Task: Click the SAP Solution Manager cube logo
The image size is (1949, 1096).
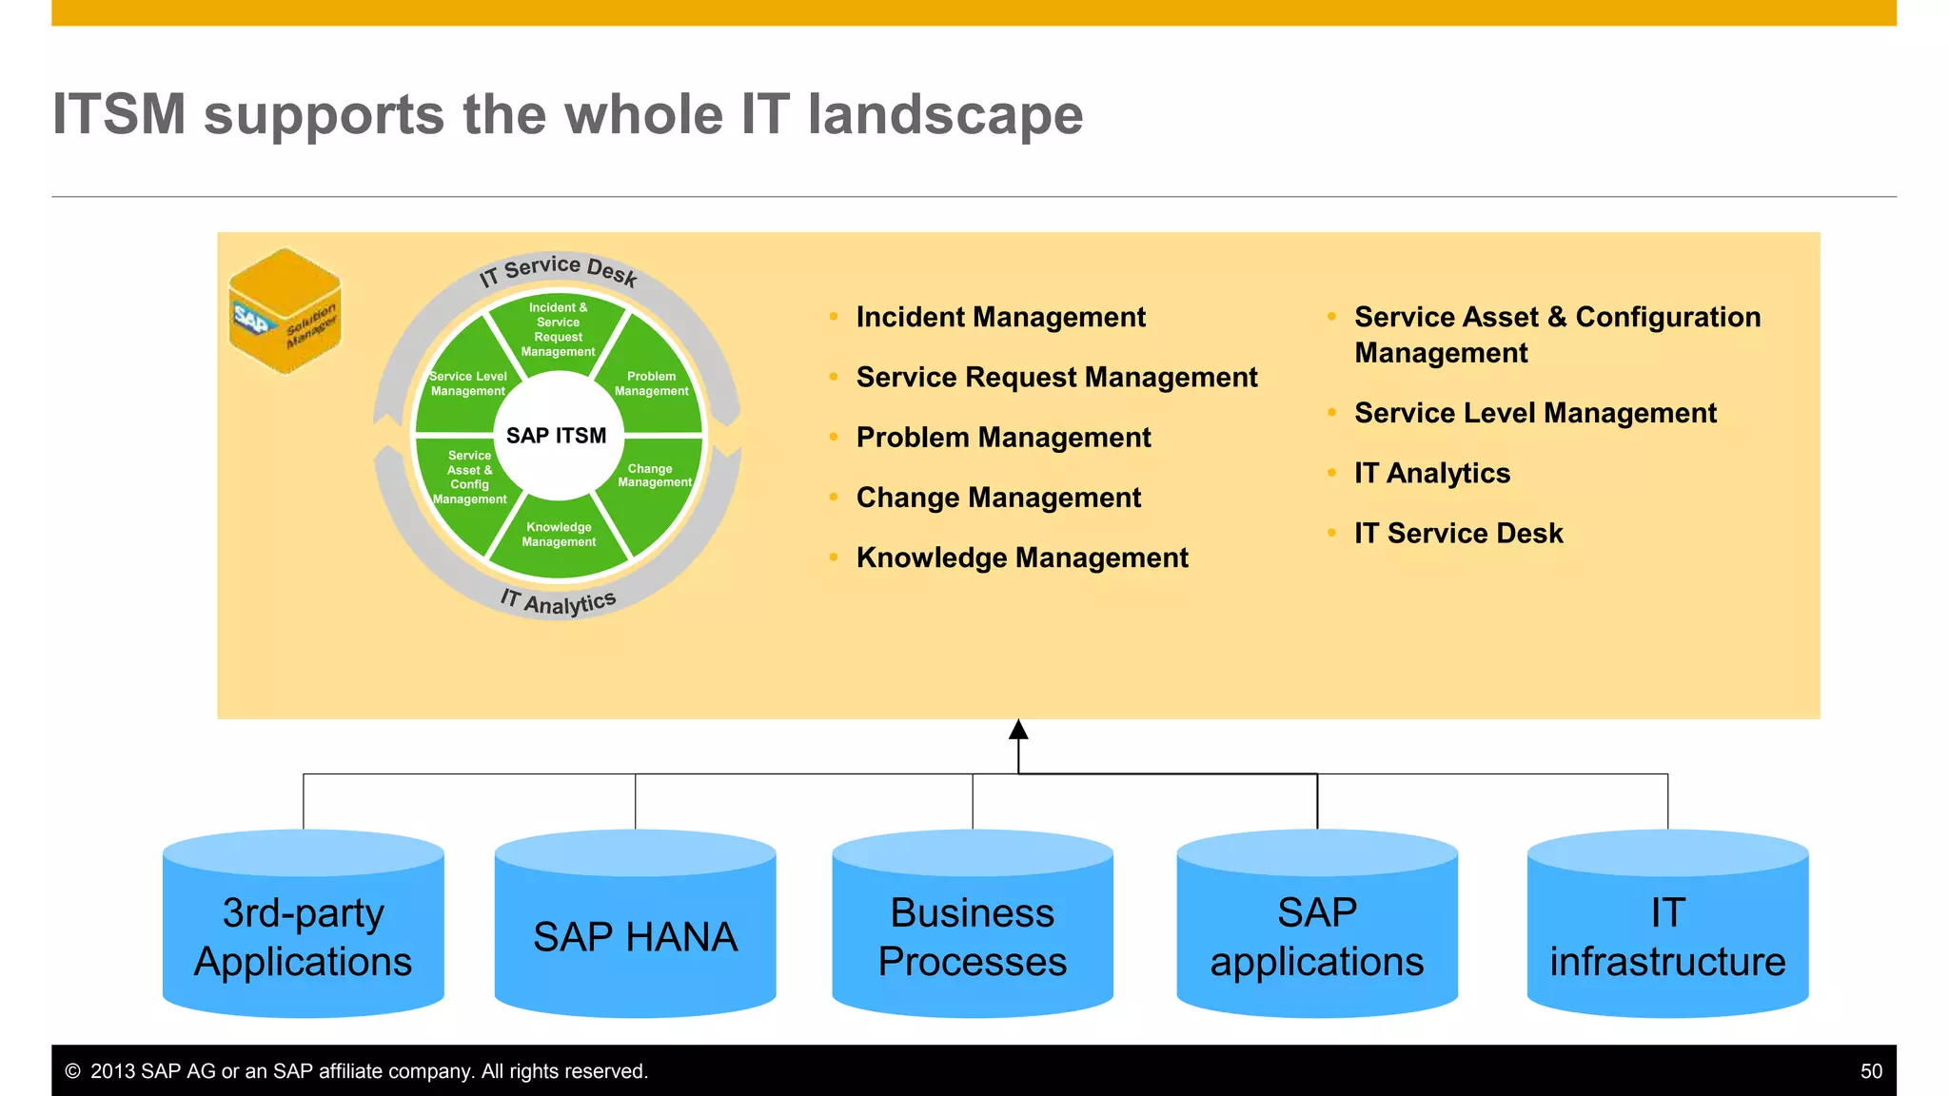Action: [x=285, y=311]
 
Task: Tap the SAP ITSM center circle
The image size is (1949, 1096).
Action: [x=557, y=436]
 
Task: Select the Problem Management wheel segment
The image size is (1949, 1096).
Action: [x=652, y=383]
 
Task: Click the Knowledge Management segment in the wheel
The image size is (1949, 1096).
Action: [x=559, y=535]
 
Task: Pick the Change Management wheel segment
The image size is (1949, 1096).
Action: [x=653, y=476]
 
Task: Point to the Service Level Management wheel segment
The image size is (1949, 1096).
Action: [x=467, y=383]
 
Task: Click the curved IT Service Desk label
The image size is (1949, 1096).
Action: [x=558, y=269]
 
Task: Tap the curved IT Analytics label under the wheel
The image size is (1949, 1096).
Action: [x=559, y=601]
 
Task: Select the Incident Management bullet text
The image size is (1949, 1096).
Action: [x=1000, y=317]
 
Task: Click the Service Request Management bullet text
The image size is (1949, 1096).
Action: [x=1056, y=377]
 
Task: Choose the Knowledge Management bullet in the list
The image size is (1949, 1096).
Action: [x=1022, y=558]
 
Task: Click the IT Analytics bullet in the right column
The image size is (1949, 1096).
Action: [x=1431, y=473]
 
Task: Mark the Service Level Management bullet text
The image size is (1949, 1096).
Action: [x=1534, y=413]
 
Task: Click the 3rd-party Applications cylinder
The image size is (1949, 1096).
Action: [x=304, y=936]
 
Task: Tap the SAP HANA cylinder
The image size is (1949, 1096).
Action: [x=635, y=936]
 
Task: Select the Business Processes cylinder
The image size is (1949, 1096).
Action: [x=972, y=936]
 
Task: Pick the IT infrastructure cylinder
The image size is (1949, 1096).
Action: [x=1667, y=936]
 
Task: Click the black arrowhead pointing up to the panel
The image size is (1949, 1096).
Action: [x=1018, y=730]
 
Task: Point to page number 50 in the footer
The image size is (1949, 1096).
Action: [x=1871, y=1071]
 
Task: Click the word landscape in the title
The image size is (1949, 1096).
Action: [x=945, y=115]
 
